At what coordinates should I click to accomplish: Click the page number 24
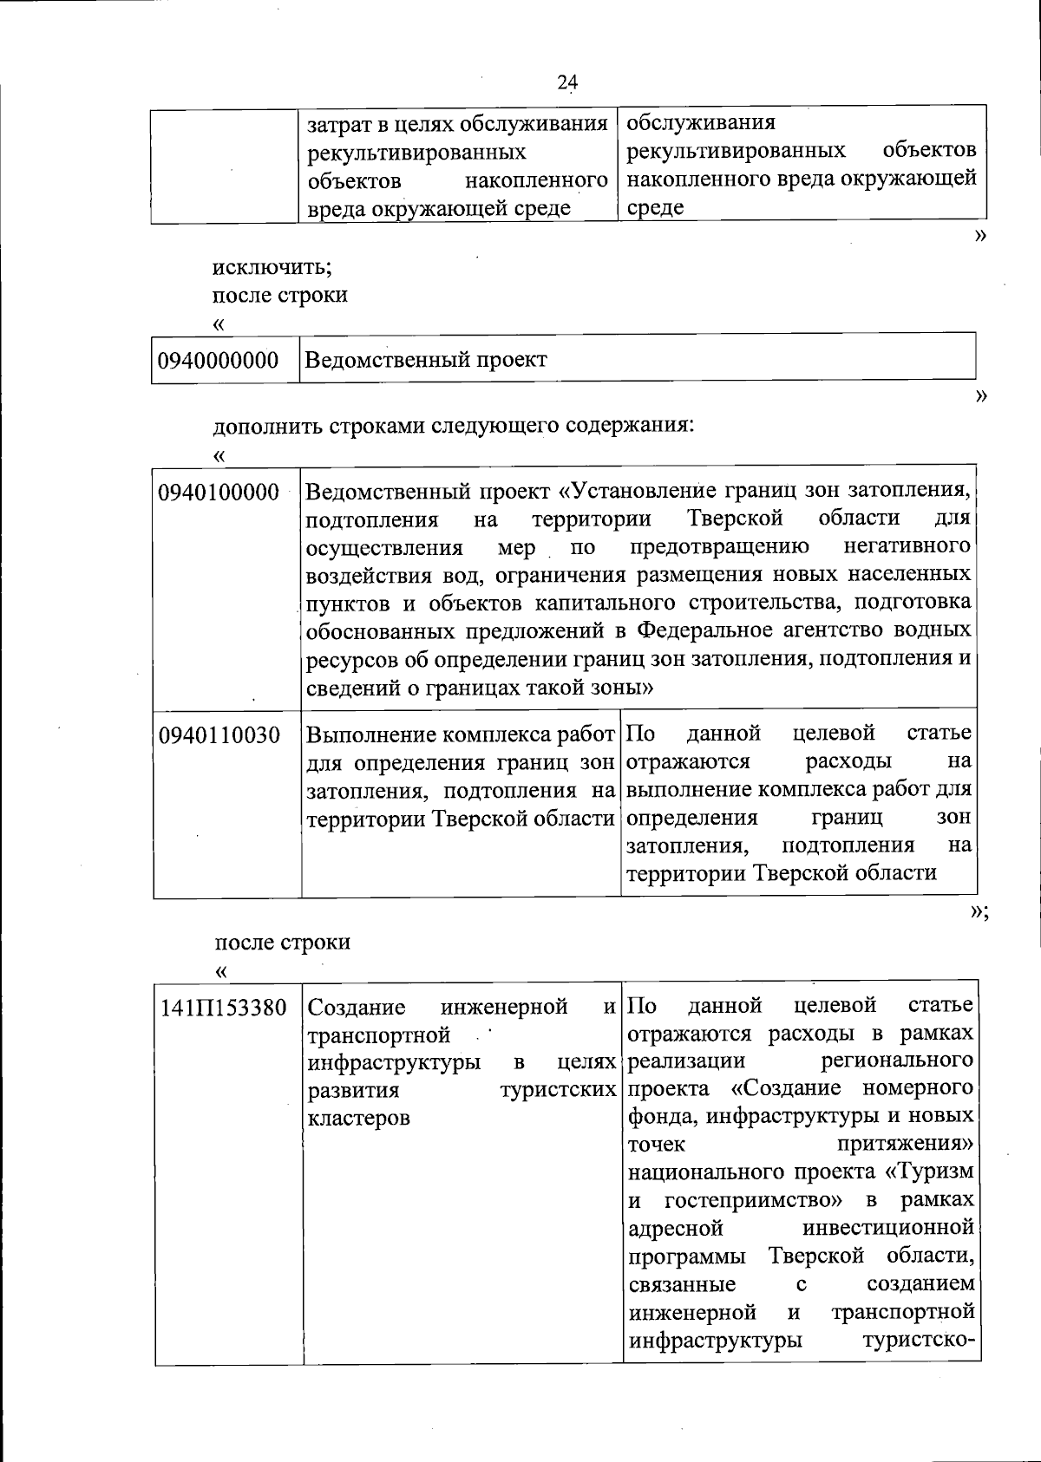click(566, 82)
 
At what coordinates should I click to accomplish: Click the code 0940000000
click(219, 360)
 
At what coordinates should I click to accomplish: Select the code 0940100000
click(219, 492)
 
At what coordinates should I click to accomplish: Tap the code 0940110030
click(219, 735)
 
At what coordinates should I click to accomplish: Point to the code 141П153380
click(224, 1008)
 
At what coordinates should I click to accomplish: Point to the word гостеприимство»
click(755, 1200)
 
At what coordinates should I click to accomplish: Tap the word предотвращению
click(720, 547)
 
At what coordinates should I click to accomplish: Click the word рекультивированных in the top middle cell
click(417, 153)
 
